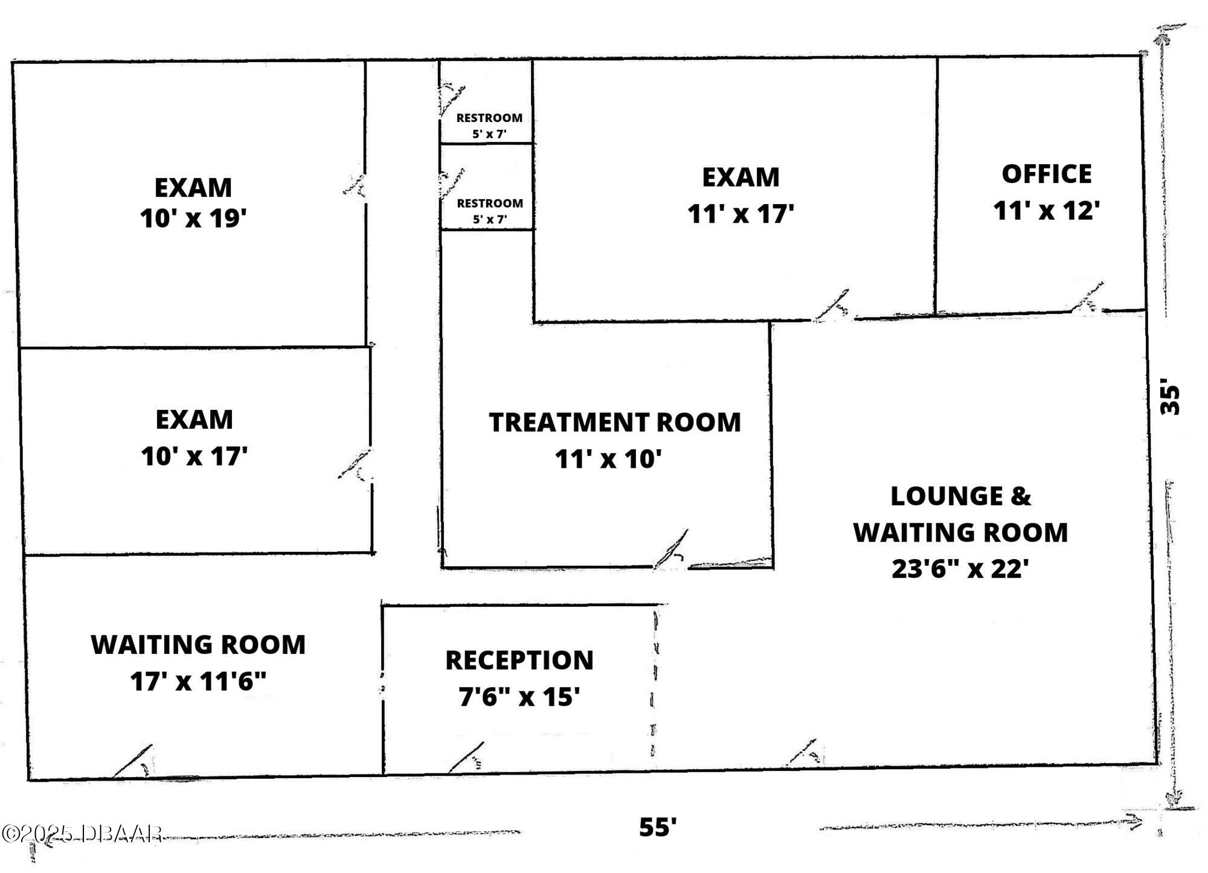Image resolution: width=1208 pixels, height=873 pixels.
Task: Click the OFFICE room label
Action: tap(1046, 174)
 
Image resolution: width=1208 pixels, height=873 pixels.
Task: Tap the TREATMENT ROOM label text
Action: tap(614, 423)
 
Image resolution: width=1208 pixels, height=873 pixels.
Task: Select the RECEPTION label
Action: tap(519, 660)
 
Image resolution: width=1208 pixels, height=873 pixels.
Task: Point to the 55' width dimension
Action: tap(658, 827)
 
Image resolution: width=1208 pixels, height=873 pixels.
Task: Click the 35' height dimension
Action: tap(1170, 398)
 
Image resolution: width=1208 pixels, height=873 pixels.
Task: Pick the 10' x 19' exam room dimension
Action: tap(193, 219)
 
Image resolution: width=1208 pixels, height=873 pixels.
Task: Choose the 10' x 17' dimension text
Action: tap(194, 456)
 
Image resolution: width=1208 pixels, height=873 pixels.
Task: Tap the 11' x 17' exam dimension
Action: tap(741, 214)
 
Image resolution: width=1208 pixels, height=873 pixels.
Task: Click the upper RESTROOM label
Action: tap(489, 118)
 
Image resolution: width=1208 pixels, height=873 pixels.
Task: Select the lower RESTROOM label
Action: tap(489, 203)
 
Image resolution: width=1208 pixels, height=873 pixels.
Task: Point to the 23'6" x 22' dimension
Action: tap(960, 569)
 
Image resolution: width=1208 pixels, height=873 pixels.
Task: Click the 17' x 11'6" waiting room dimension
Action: tap(198, 682)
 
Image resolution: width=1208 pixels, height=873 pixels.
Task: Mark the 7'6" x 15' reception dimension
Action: tap(519, 697)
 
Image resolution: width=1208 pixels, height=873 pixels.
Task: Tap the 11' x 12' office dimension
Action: tap(1046, 211)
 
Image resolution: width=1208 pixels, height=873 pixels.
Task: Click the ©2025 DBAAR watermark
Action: tap(82, 834)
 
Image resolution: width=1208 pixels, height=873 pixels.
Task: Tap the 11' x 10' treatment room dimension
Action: tap(608, 459)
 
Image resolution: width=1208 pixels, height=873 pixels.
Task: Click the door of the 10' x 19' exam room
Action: tap(355, 185)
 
